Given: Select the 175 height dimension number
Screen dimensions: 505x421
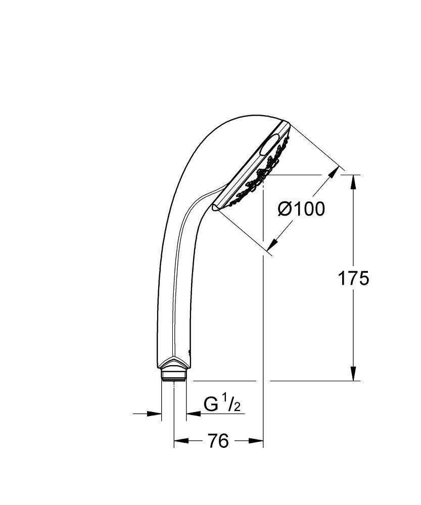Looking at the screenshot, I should pos(354,278).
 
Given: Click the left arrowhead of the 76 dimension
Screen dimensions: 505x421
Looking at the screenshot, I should pos(179,441).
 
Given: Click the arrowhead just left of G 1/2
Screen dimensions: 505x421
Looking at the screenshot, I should pos(192,414).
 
